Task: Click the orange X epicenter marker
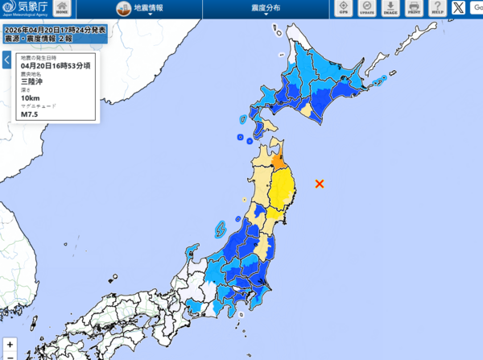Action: pyautogui.click(x=320, y=184)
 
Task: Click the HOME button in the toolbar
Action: pyautogui.click(x=62, y=8)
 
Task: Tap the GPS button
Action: pyautogui.click(x=344, y=8)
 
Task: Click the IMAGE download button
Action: pyautogui.click(x=390, y=8)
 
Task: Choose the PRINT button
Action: pyautogui.click(x=414, y=8)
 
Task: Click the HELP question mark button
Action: pyautogui.click(x=437, y=8)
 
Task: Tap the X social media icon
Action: pyautogui.click(x=459, y=8)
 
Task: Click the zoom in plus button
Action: pyautogui.click(x=10, y=344)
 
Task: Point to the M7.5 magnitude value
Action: pyautogui.click(x=30, y=114)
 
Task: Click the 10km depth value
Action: pyautogui.click(x=30, y=98)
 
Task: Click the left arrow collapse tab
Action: pyautogui.click(x=6, y=60)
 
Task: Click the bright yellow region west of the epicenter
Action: pyautogui.click(x=281, y=193)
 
